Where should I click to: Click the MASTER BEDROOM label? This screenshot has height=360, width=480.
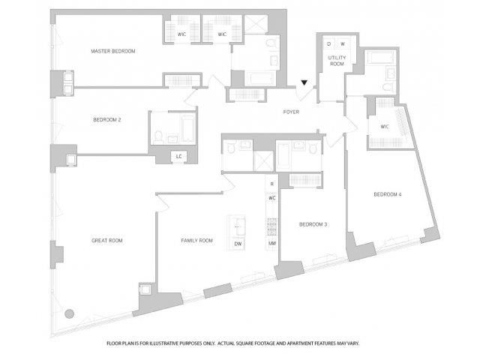[x=112, y=51]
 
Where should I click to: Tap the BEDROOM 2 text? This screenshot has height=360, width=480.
[x=107, y=120]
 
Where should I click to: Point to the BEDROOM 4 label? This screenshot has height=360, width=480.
[x=388, y=195]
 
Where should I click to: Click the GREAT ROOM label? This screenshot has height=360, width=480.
[x=107, y=241]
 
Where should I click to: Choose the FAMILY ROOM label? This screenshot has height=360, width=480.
[x=197, y=241]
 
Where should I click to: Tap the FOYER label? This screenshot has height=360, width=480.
[x=291, y=112]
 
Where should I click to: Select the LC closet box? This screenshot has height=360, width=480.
[x=178, y=156]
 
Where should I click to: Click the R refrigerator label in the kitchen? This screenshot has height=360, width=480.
[x=271, y=184]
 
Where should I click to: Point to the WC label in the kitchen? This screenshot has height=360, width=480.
[x=271, y=198]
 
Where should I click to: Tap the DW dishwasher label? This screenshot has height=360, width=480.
[x=238, y=244]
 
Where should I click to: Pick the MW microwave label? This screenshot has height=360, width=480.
[x=271, y=244]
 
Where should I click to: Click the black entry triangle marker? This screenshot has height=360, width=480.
[x=304, y=84]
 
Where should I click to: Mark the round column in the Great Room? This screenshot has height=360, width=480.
[x=69, y=313]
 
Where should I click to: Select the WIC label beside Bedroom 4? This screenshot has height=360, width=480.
[x=385, y=127]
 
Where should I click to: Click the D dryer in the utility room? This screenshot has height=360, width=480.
[x=328, y=43]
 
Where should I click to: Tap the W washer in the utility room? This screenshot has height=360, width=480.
[x=342, y=43]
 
